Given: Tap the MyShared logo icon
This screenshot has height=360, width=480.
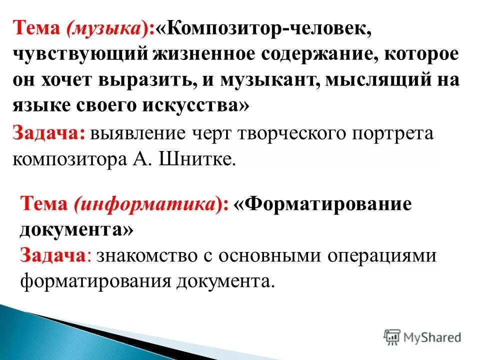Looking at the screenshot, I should pos(392,336).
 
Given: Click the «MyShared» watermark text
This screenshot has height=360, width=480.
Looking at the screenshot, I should pos(432,336).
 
